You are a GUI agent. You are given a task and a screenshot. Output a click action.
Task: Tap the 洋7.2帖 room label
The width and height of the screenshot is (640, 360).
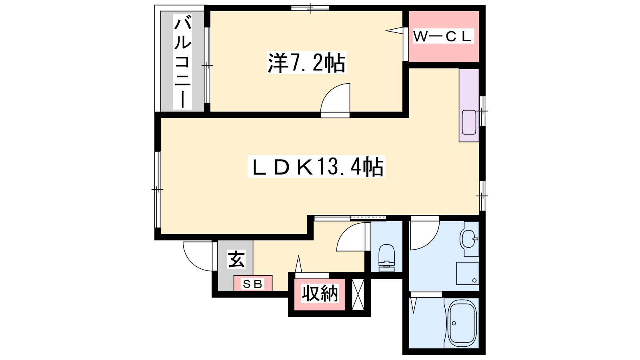306,62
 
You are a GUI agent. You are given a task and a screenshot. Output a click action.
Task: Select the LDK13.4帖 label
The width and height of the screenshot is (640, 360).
316,166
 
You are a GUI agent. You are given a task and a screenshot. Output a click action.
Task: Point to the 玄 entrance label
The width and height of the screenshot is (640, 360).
236,260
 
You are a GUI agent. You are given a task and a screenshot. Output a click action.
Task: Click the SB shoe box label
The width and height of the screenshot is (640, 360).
252,284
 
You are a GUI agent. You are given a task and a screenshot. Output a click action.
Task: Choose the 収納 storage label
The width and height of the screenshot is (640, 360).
320,293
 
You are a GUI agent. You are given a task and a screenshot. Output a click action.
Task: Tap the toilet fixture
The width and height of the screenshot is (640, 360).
386,258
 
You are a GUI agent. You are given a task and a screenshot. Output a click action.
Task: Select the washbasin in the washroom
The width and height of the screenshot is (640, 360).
468,239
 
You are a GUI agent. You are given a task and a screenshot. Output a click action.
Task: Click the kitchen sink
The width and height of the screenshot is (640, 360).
469,122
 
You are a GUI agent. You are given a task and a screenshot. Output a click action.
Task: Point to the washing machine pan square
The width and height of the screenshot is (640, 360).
468,274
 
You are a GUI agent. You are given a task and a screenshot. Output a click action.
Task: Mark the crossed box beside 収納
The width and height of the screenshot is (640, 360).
358,294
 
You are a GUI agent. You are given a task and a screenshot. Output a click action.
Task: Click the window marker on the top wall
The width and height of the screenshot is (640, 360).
310,8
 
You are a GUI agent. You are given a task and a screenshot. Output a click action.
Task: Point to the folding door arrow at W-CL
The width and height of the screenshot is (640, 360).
394,30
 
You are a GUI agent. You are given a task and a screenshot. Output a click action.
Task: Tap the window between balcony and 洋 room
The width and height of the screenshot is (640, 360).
207,66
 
